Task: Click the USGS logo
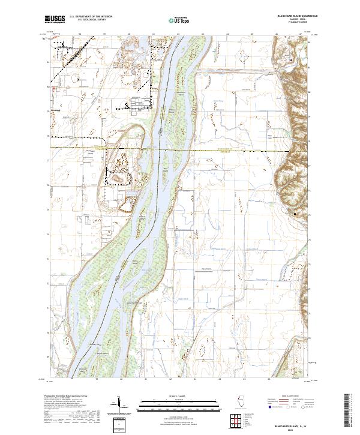click(x=53, y=19)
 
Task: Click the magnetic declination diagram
click(x=120, y=403)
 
